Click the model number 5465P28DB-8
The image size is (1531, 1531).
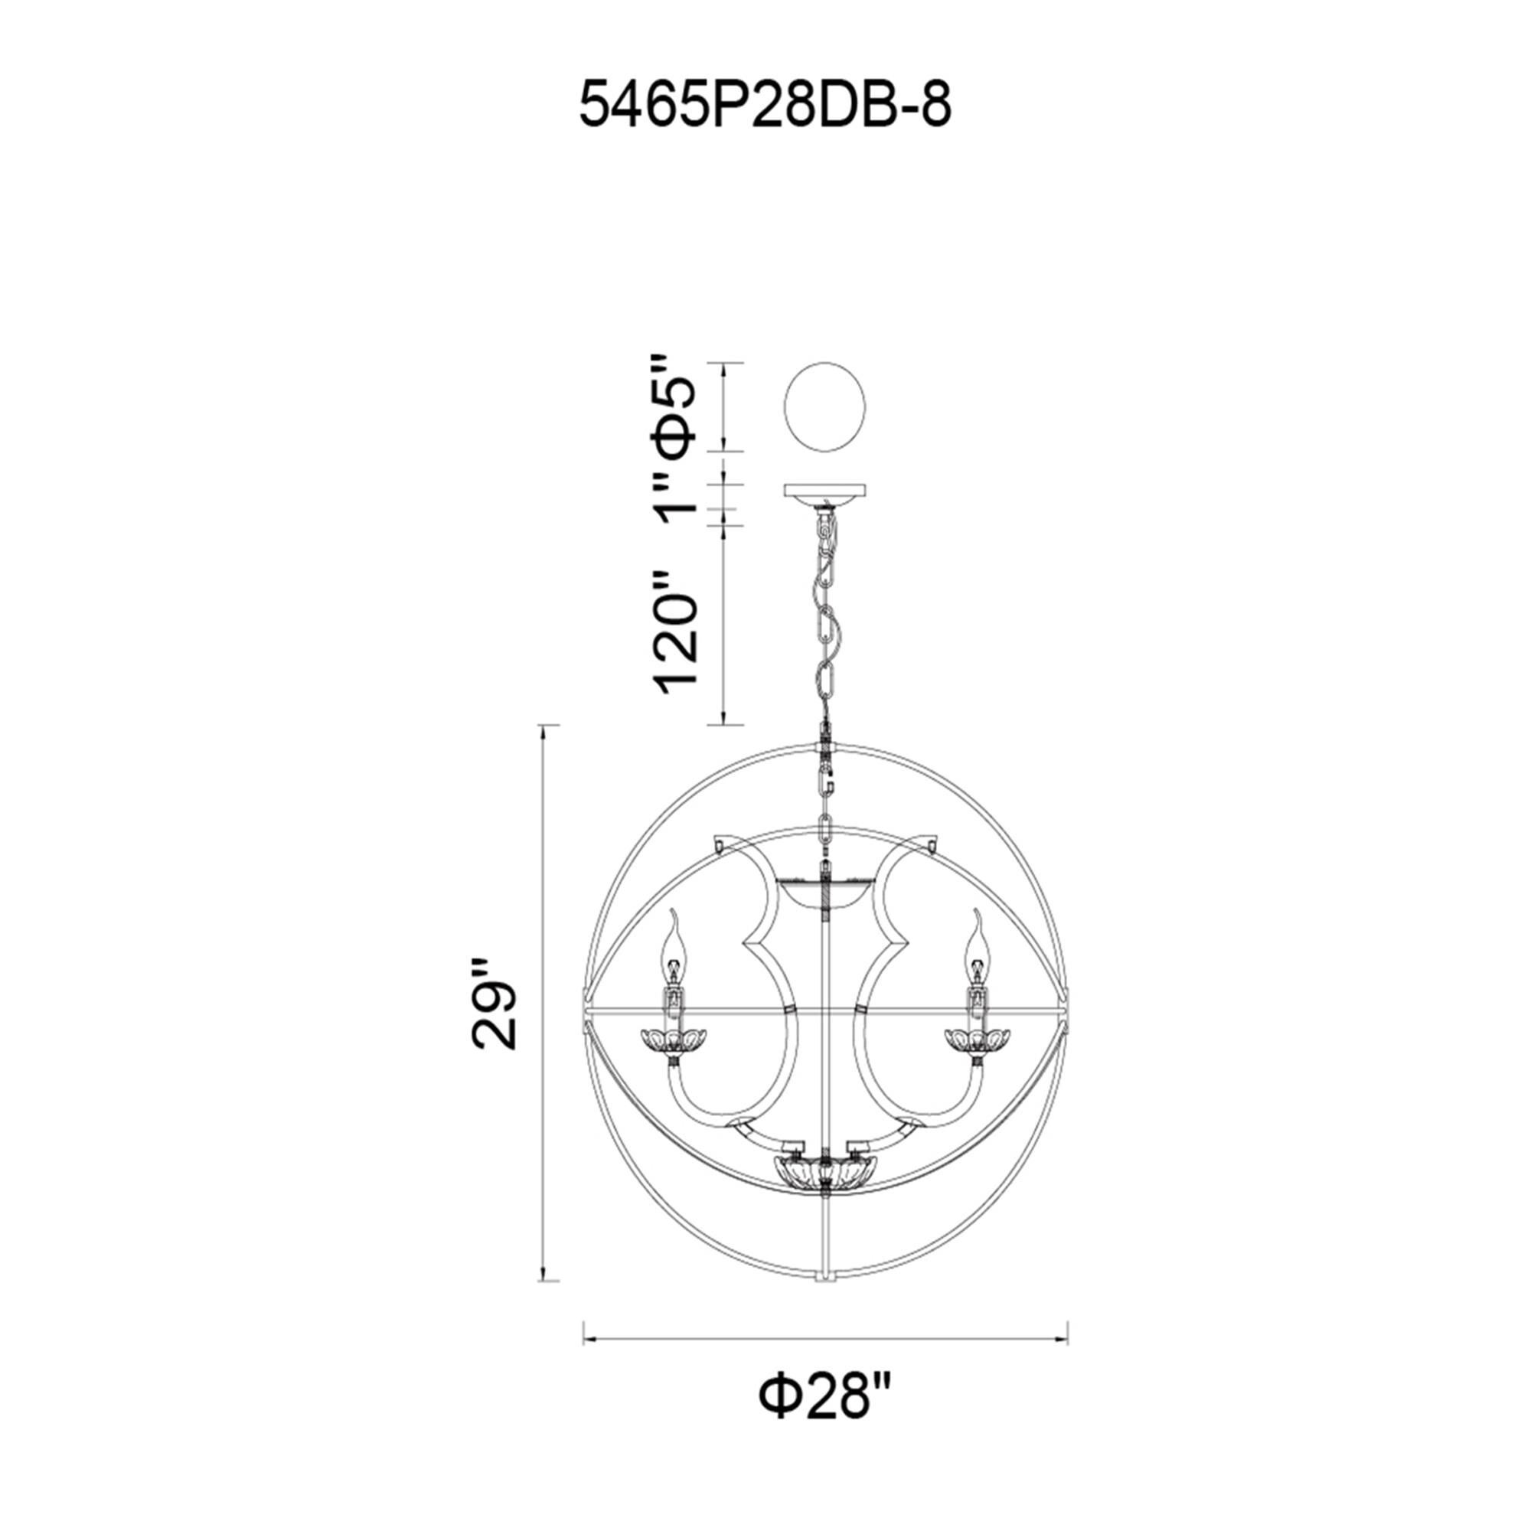(765, 106)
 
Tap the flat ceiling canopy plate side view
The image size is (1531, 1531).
(824, 493)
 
